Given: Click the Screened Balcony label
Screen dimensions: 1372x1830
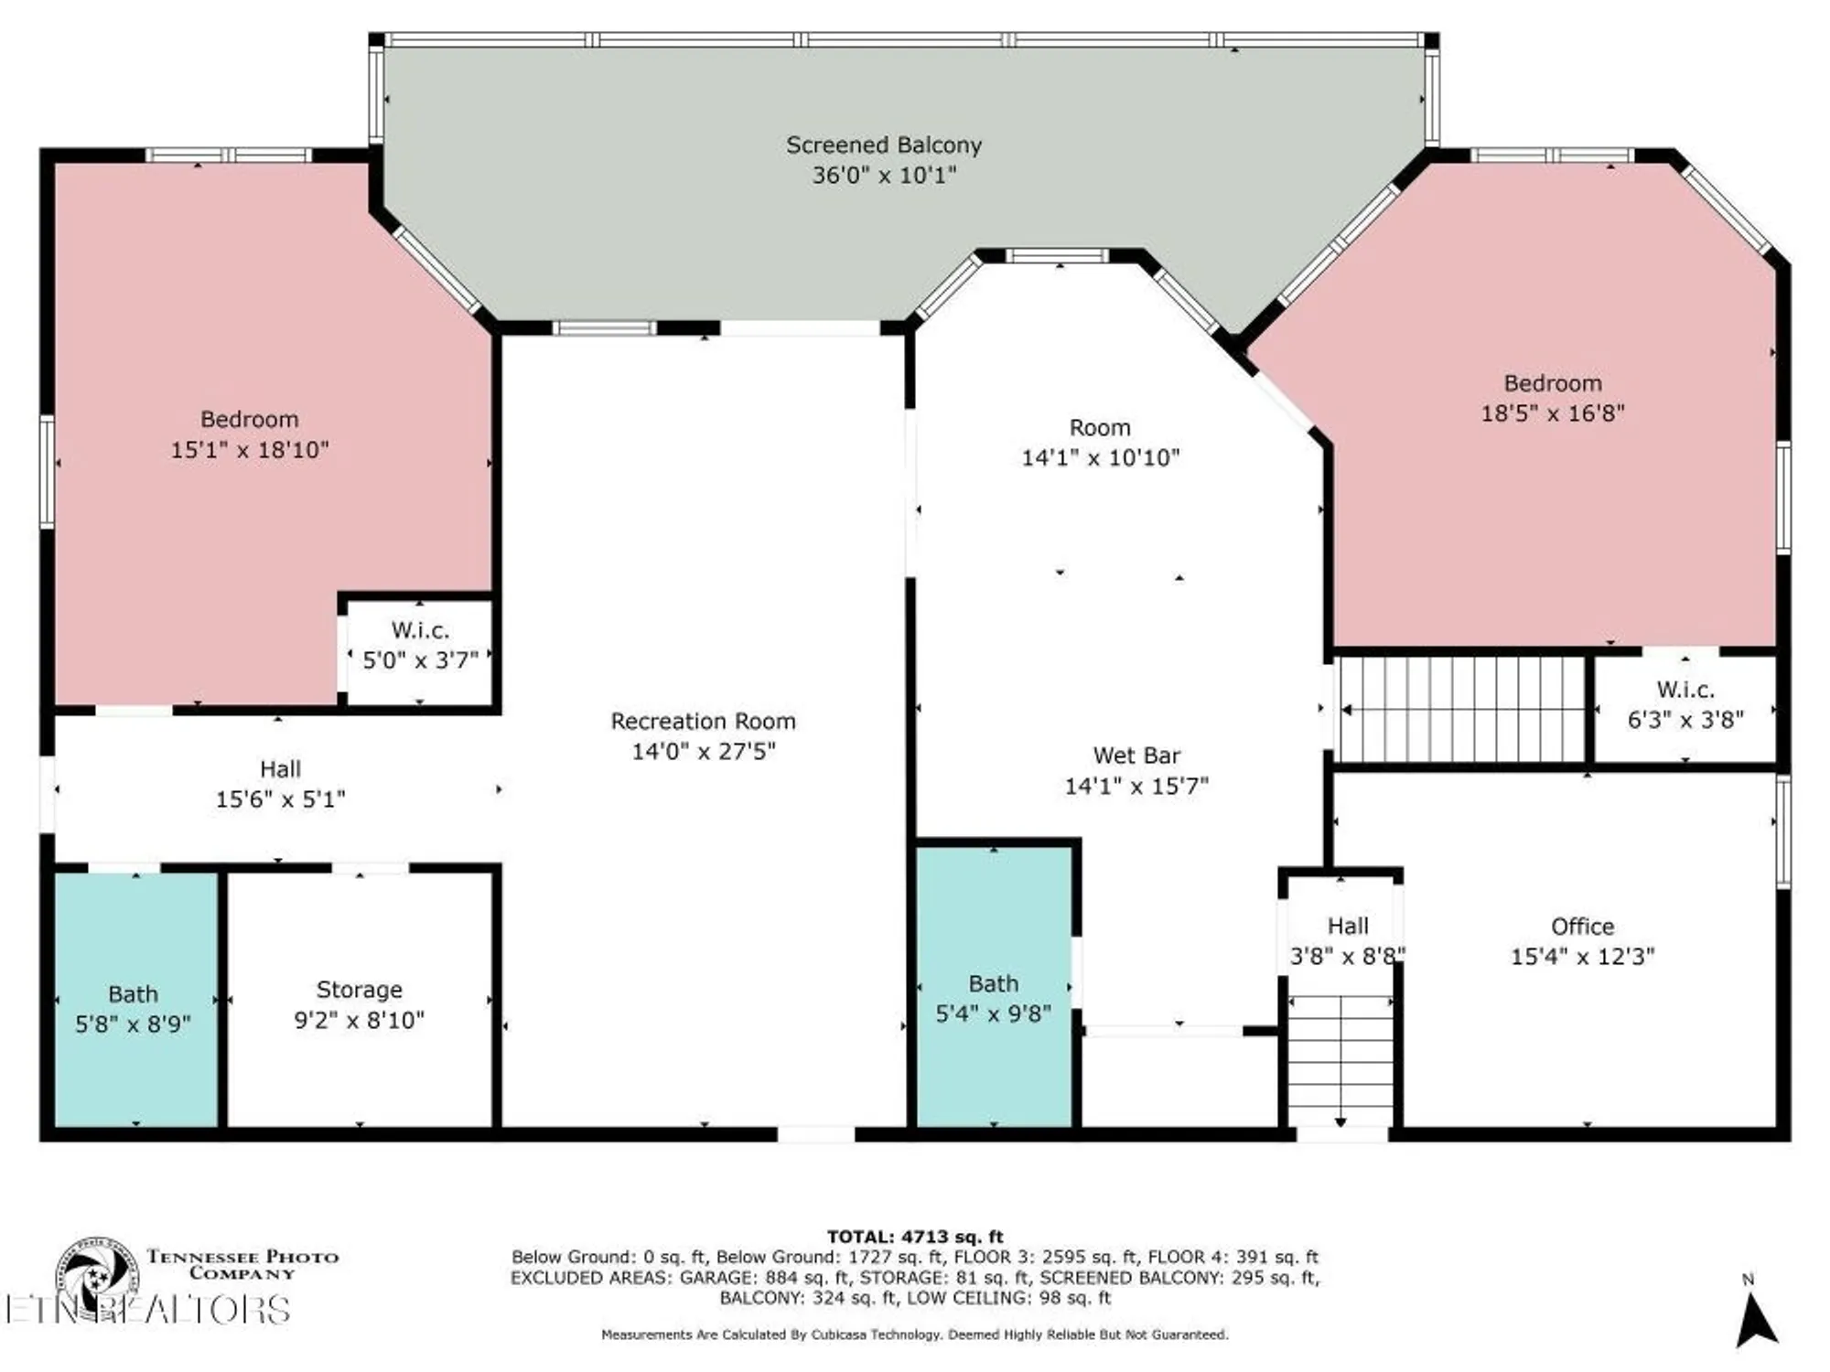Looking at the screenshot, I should click(x=884, y=145).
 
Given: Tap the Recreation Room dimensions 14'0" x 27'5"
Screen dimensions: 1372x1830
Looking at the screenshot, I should click(x=703, y=751).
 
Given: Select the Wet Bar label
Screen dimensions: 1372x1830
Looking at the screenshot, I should click(x=1136, y=756).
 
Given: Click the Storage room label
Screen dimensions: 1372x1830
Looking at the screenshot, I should click(x=359, y=990).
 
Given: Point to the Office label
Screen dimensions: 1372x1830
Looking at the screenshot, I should click(x=1582, y=927).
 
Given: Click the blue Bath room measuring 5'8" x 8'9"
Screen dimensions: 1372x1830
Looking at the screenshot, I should click(x=134, y=1006).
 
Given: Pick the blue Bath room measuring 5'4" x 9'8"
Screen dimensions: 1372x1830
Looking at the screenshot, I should click(x=994, y=997).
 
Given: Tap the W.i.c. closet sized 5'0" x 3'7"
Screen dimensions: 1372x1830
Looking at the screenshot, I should click(x=420, y=645).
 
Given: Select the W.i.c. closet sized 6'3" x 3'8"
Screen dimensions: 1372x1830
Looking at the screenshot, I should click(x=1685, y=704).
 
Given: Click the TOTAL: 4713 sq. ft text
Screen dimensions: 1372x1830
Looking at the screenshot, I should click(x=915, y=1237).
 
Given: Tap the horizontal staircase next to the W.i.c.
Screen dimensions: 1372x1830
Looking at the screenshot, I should click(x=1462, y=709).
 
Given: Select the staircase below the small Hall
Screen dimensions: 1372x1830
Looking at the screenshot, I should click(x=1340, y=1061).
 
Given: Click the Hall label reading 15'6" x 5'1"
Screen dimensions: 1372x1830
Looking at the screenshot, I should click(x=280, y=784).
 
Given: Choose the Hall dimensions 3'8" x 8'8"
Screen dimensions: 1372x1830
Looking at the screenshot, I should click(x=1347, y=956).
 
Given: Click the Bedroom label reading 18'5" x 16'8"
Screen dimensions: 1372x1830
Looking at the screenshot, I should click(x=1553, y=398).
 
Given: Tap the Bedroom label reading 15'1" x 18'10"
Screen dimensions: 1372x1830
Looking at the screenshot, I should click(x=249, y=434).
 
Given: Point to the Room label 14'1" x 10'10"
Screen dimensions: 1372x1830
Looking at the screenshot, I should click(x=1100, y=443).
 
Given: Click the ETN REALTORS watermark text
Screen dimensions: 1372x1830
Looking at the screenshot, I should click(x=146, y=1310).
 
